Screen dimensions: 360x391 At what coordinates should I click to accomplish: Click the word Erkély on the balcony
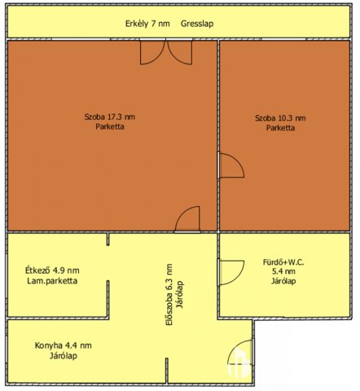(x=137, y=24)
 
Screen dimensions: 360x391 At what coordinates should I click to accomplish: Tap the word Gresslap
(x=197, y=24)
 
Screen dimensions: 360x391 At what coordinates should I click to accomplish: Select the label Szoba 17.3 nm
(x=110, y=117)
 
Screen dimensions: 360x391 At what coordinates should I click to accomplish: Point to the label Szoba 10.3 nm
(x=280, y=118)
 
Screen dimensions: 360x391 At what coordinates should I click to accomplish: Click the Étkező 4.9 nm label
(x=52, y=270)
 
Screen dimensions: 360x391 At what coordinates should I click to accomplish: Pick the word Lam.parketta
(x=52, y=281)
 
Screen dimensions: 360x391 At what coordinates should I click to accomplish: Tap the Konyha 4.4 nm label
(x=63, y=345)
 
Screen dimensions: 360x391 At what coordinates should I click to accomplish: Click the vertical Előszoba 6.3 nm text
(x=169, y=294)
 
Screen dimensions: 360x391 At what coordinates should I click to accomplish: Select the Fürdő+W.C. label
(x=283, y=262)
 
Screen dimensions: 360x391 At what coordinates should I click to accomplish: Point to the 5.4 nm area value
(x=283, y=271)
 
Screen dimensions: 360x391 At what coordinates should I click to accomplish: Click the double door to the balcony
(x=166, y=52)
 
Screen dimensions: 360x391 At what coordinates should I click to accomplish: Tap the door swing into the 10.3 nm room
(x=231, y=165)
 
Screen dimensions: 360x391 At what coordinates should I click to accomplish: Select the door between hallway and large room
(x=187, y=219)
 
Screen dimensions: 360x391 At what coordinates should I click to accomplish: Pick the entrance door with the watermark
(x=241, y=352)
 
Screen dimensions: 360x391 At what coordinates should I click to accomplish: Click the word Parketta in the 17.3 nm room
(x=110, y=127)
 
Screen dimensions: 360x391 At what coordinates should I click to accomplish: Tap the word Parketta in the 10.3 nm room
(x=280, y=128)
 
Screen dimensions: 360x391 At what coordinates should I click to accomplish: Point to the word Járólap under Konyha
(x=64, y=356)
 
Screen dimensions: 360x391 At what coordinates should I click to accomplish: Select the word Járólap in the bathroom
(x=283, y=281)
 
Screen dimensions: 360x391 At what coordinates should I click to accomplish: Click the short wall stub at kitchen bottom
(x=167, y=371)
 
